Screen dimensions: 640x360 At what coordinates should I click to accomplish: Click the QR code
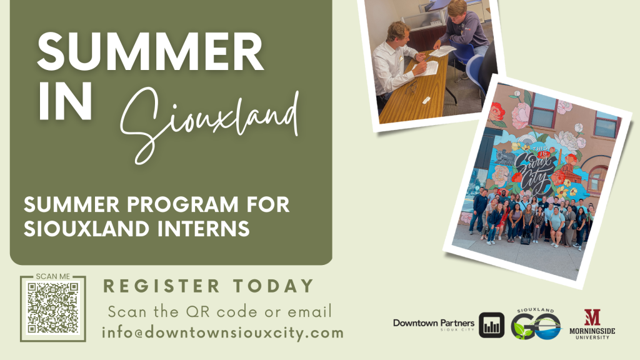pyautogui.click(x=52, y=308)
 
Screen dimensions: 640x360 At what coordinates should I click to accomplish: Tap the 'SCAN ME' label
pyautogui.click(x=52, y=276)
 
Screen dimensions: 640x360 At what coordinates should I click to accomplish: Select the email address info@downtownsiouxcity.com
pyautogui.click(x=223, y=332)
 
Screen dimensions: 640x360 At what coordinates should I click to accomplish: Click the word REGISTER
pyautogui.click(x=162, y=286)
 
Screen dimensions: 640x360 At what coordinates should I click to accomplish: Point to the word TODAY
pyautogui.click(x=274, y=286)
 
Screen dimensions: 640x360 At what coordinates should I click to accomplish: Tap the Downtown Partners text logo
pyautogui.click(x=434, y=324)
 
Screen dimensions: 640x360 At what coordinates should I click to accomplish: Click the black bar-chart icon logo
pyautogui.click(x=491, y=325)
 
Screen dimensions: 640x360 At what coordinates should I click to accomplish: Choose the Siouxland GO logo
pyautogui.click(x=536, y=324)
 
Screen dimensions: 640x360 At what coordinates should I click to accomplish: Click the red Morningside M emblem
pyautogui.click(x=592, y=317)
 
